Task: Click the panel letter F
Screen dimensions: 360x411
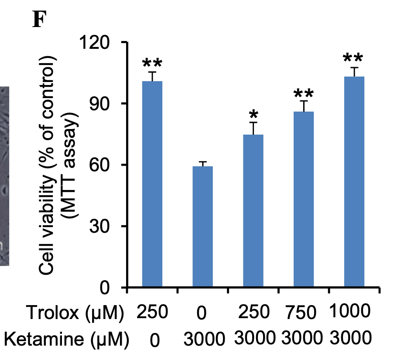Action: point(39,19)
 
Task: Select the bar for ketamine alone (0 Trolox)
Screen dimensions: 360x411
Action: point(203,227)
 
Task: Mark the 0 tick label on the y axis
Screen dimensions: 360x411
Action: point(109,288)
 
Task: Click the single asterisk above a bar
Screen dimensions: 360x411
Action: point(253,116)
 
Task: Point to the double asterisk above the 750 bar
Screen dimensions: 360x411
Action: point(304,94)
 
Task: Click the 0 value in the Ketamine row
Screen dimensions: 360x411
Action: point(154,340)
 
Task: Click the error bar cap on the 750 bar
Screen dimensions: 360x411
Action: point(304,101)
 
